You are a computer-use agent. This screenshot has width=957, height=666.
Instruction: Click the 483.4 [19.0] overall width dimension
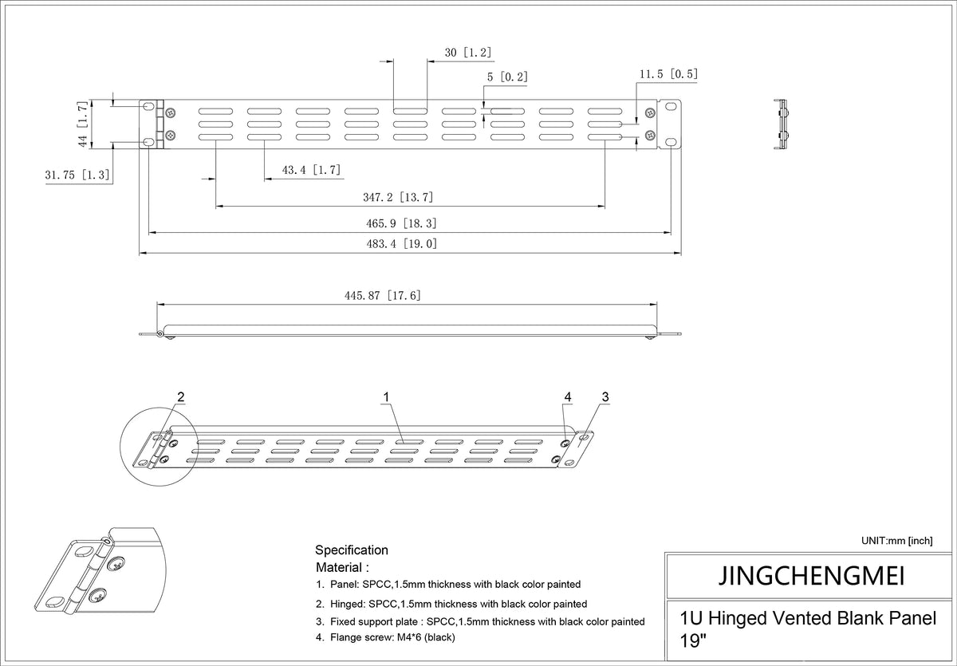[402, 244]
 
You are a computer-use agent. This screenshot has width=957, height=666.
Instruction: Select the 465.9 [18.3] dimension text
[401, 223]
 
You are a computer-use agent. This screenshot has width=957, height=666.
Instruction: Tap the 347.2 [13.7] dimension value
[398, 197]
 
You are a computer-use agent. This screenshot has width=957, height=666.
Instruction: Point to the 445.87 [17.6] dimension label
[383, 296]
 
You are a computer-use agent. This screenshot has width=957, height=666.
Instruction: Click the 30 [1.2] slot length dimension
[468, 53]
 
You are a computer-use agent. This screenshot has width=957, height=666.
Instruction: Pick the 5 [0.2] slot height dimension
[507, 77]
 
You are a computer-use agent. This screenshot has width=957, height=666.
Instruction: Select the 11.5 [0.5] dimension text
[668, 74]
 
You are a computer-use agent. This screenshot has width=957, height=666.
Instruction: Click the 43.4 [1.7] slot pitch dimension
[312, 170]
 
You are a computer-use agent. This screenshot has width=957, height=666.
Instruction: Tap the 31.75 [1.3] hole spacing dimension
[77, 175]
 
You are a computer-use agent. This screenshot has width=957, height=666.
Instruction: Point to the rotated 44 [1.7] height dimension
[83, 124]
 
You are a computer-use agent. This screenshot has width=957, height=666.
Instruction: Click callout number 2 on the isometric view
[181, 397]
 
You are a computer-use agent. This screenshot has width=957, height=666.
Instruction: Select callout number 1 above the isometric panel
[386, 397]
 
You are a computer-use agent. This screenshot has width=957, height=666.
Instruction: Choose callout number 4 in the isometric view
[568, 397]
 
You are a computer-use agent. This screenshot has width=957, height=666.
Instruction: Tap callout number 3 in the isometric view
[605, 397]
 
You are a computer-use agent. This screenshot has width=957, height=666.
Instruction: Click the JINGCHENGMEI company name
[811, 576]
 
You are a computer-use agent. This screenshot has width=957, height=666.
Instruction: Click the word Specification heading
[352, 550]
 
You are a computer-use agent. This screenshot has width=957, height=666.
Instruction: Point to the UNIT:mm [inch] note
[896, 541]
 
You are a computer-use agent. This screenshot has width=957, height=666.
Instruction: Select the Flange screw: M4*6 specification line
[385, 637]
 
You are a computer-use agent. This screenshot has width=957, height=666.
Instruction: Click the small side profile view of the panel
[782, 124]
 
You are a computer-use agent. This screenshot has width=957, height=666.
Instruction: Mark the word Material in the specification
[339, 567]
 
